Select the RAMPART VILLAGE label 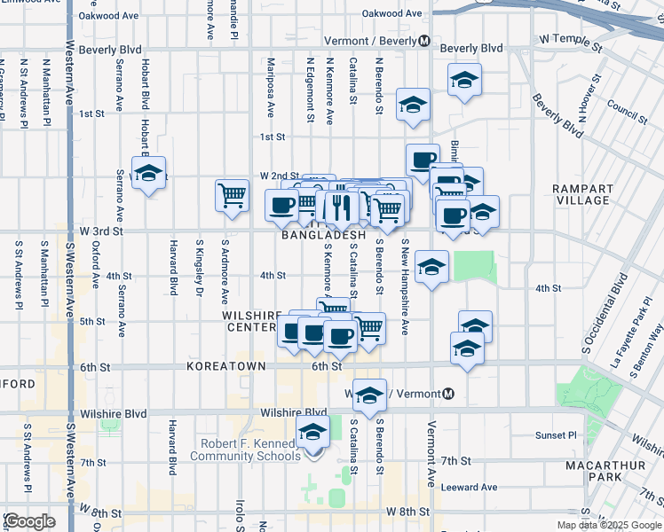582,195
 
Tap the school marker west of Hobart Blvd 149,173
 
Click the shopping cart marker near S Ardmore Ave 232,194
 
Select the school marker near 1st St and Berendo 413,104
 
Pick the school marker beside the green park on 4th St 431,267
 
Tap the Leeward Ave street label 470,487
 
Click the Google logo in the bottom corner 30,521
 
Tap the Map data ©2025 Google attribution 608,525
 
